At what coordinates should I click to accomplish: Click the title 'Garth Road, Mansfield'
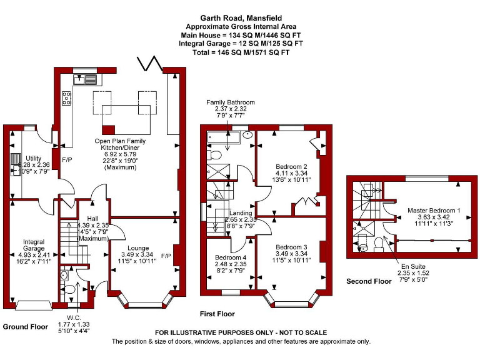coord(241,19)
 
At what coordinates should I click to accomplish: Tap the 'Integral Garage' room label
coord(34,241)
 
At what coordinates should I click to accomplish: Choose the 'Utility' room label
coord(34,157)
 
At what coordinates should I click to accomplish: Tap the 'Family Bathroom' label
coord(231,102)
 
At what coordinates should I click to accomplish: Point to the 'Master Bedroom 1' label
coord(433,211)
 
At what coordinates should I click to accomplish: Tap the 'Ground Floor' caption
coord(26,327)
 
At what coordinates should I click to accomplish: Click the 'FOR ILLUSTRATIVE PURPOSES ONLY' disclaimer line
coord(241,332)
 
